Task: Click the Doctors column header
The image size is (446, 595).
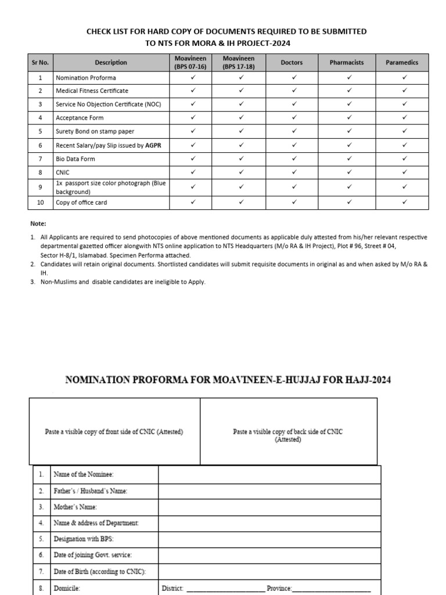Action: click(x=292, y=63)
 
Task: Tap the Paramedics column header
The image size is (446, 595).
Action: click(x=402, y=63)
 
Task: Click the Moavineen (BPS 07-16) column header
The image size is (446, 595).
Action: click(x=193, y=63)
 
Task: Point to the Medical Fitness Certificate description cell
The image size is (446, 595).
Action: click(x=92, y=91)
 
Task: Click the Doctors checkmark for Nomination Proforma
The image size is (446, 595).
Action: click(x=294, y=77)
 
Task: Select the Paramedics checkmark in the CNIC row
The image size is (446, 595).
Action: click(x=405, y=172)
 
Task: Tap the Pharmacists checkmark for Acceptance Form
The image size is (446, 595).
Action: click(x=350, y=118)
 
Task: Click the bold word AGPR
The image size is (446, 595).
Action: click(x=153, y=145)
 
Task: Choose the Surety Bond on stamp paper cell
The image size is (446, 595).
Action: click(x=95, y=131)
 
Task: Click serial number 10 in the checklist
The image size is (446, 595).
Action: click(x=40, y=203)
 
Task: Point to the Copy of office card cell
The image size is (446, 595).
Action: click(x=81, y=203)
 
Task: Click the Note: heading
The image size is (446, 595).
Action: click(x=38, y=224)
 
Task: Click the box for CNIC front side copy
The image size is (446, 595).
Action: click(x=114, y=432)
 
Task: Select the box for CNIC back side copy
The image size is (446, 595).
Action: click(x=288, y=435)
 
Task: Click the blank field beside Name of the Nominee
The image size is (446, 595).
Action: click(x=269, y=475)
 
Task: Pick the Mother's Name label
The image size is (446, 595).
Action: click(x=79, y=507)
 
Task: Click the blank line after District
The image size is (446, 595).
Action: click(x=225, y=588)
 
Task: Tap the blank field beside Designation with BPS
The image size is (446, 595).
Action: click(x=269, y=539)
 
